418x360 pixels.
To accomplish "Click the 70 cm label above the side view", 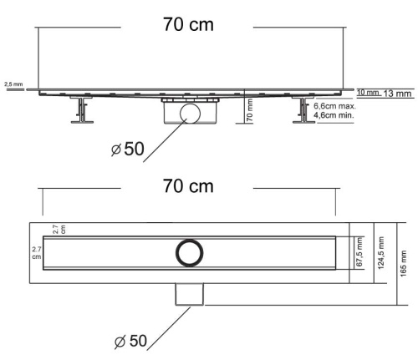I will pyautogui.click(x=188, y=25).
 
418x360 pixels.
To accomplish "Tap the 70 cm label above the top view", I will pyautogui.click(x=188, y=185).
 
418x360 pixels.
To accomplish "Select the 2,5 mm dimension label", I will pyautogui.click(x=14, y=84).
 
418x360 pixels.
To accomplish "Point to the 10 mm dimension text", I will pyautogui.click(x=368, y=92).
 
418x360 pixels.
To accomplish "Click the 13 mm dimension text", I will pyautogui.click(x=398, y=94).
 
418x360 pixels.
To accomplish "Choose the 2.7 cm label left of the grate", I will pyautogui.click(x=36, y=253).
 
